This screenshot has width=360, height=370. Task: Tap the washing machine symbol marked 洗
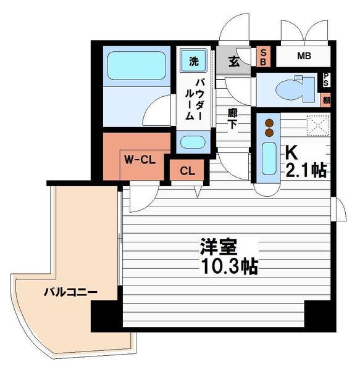point(194,61)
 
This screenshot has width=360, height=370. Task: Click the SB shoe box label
point(262,57)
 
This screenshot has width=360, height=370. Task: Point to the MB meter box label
point(304,57)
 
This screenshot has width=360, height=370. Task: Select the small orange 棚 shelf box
point(326,99)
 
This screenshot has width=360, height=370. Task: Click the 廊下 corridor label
point(233,118)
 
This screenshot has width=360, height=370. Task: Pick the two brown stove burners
point(269,126)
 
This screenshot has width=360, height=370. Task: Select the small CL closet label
point(188,171)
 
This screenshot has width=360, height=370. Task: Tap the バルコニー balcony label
point(69,292)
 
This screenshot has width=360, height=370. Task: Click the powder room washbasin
point(193,142)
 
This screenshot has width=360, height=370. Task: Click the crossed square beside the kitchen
point(319,126)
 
